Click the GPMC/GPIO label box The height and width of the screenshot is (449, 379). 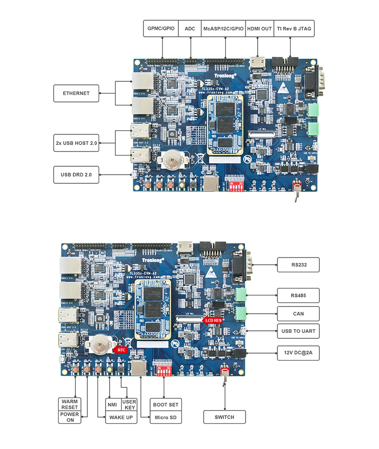(161, 29)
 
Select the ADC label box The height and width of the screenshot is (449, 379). (190, 29)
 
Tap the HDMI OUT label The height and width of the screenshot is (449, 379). (259, 29)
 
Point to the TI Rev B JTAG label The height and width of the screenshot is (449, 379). (295, 29)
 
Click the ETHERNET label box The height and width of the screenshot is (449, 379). (76, 93)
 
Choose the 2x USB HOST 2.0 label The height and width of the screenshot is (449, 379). (76, 143)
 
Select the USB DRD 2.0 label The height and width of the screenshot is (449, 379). (76, 174)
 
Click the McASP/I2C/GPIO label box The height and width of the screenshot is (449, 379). (223, 29)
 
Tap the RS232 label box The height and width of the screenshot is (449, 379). (298, 263)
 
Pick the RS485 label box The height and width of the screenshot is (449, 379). (298, 295)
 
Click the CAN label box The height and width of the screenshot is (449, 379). (298, 314)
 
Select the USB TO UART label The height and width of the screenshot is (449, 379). (298, 332)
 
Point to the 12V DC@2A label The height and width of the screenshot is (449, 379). (298, 353)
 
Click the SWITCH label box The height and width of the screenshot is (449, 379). (224, 417)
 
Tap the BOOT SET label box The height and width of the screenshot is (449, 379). (165, 405)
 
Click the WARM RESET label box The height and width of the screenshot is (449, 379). (70, 404)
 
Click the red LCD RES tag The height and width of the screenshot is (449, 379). (212, 320)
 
